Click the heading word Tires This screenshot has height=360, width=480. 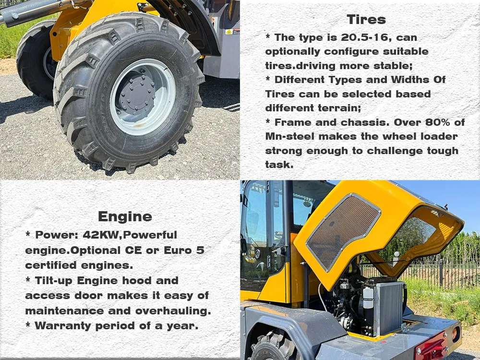[366, 20]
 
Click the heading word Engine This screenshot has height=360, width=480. [125, 217]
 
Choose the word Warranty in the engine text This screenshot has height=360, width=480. [63, 325]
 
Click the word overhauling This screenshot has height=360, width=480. [173, 311]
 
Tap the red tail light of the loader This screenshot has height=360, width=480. [432, 347]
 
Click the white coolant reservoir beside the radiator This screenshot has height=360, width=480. [368, 298]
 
